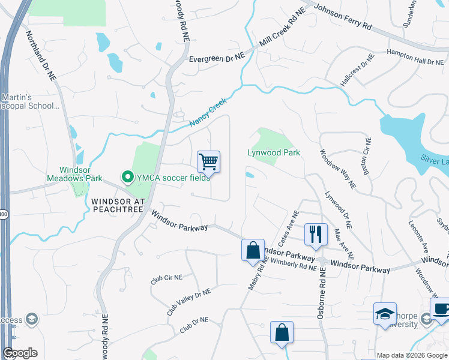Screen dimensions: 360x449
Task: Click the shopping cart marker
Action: click(x=208, y=161)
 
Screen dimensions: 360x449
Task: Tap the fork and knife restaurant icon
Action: click(x=316, y=234)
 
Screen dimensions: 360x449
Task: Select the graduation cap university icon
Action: click(x=385, y=314)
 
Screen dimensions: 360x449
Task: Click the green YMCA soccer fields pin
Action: click(x=127, y=177)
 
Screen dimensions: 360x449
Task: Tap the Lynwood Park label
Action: click(x=274, y=152)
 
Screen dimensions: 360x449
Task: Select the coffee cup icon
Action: click(x=440, y=308)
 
